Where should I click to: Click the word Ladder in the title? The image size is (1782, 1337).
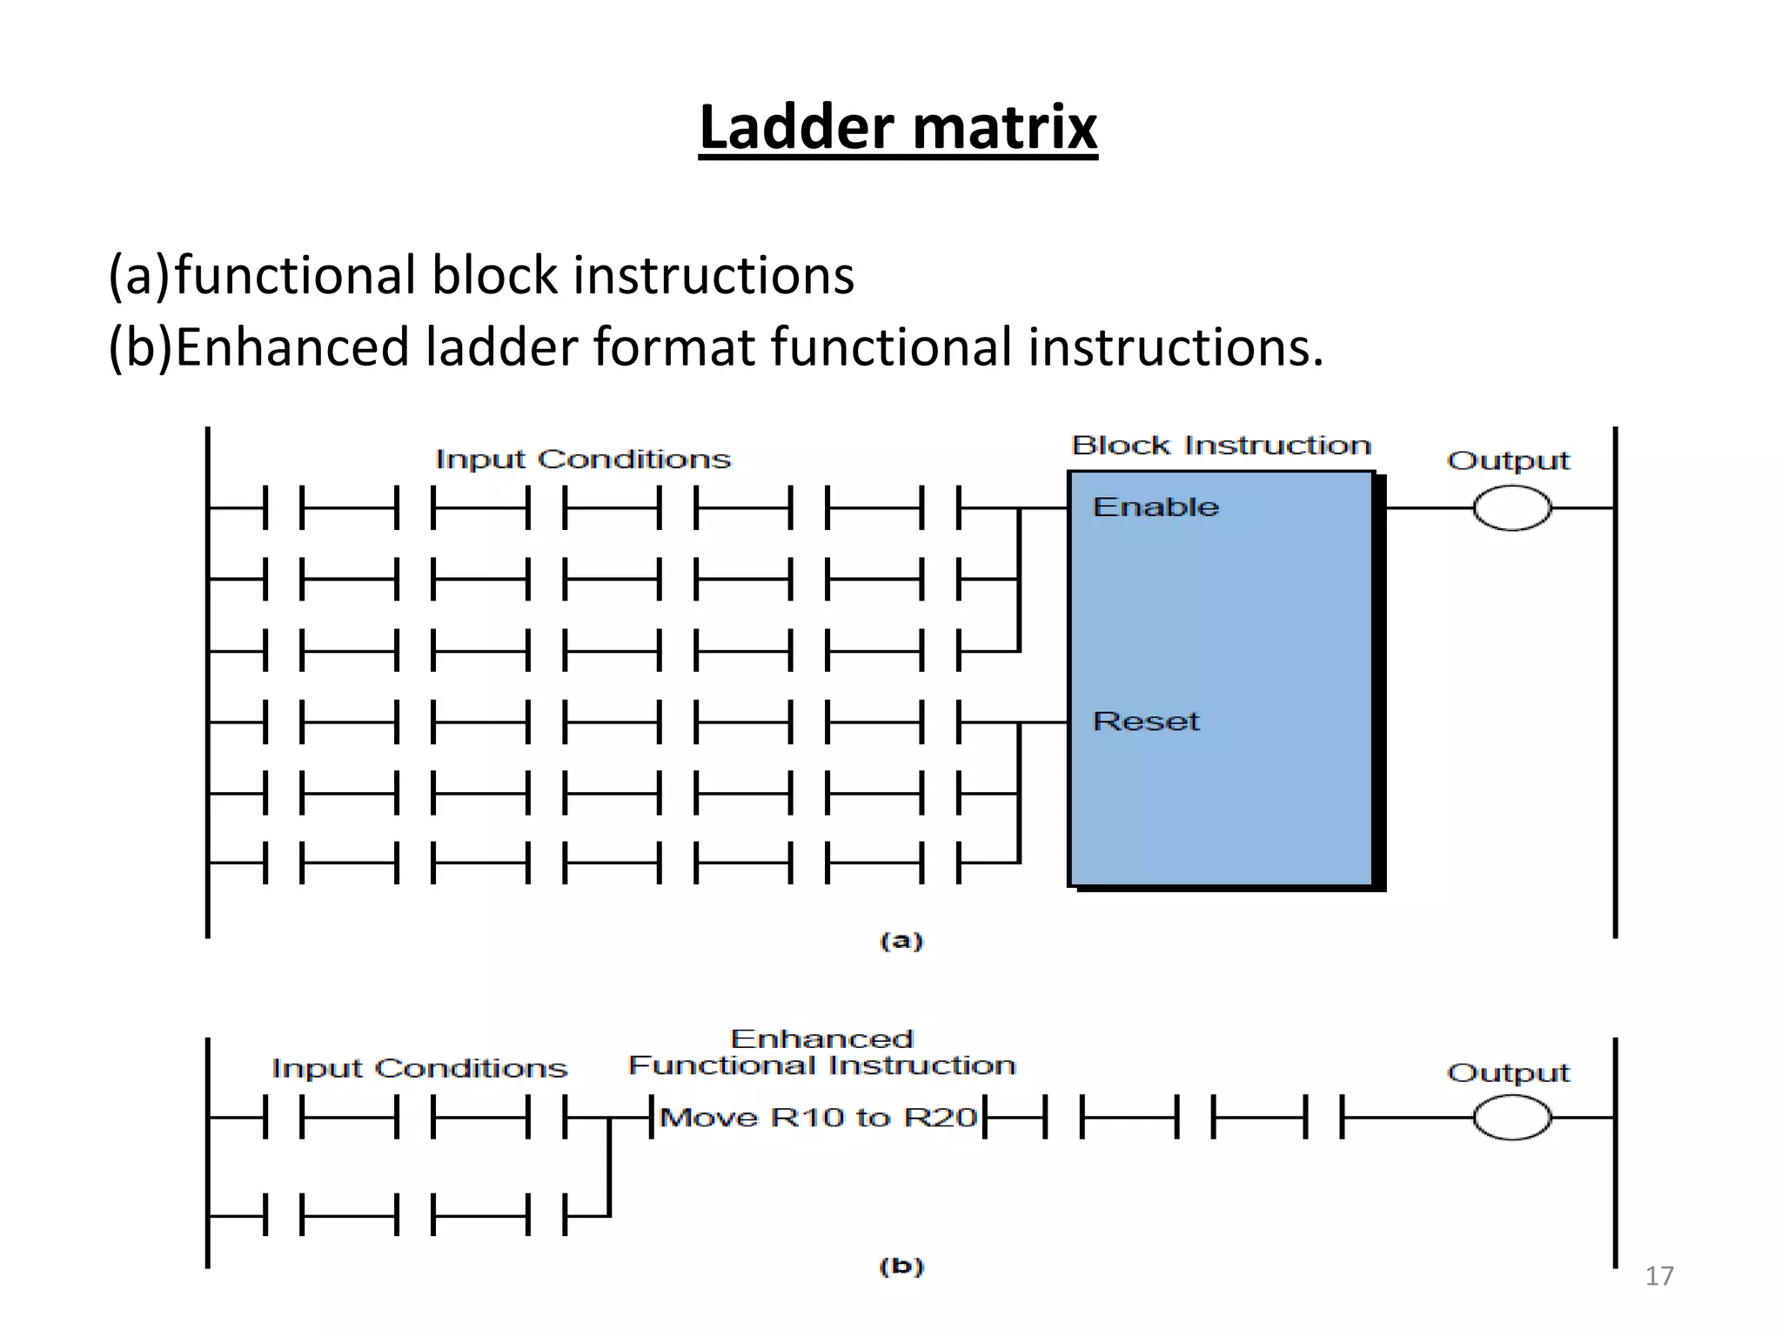[x=797, y=128]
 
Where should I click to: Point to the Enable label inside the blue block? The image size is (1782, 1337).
[x=1156, y=507]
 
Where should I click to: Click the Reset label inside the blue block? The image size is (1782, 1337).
[x=1146, y=721]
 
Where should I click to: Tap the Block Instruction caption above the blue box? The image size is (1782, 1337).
[x=1221, y=446]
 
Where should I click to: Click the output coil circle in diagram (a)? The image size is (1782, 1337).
[x=1511, y=507]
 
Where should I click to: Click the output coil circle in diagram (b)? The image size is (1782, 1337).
[x=1511, y=1118]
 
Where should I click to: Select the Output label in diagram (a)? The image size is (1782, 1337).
[x=1508, y=460]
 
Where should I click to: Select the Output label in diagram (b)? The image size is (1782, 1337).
[x=1508, y=1072]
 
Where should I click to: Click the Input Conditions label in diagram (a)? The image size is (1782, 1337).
[x=583, y=459]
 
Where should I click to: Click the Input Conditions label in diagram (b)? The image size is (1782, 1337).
[x=419, y=1068]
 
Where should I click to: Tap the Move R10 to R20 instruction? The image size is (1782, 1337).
[x=818, y=1118]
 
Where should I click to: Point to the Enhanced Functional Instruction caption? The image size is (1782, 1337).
[x=822, y=1052]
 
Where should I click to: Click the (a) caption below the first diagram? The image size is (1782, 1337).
[x=901, y=941]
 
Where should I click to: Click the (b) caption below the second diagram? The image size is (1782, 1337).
[x=901, y=1266]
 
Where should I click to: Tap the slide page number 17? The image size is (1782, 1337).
[x=1658, y=1276]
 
